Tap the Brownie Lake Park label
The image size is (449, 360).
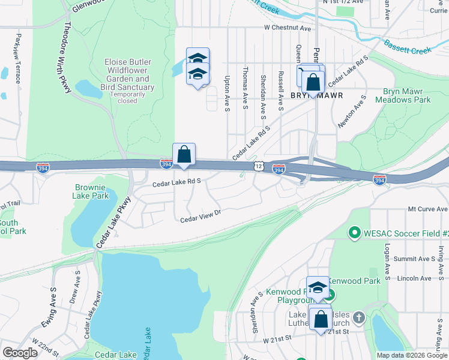92,191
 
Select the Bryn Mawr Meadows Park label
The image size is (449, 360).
403,96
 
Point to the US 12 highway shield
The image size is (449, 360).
258,166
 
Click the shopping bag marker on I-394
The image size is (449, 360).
184,155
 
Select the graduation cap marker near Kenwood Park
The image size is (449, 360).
318,288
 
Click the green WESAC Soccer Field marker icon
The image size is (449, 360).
354,232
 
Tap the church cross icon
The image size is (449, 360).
358,317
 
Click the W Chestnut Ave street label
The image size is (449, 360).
287,28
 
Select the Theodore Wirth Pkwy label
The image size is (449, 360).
67,58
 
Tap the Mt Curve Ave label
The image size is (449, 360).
428,209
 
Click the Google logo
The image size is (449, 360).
20,352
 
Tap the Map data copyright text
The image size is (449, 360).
412,355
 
